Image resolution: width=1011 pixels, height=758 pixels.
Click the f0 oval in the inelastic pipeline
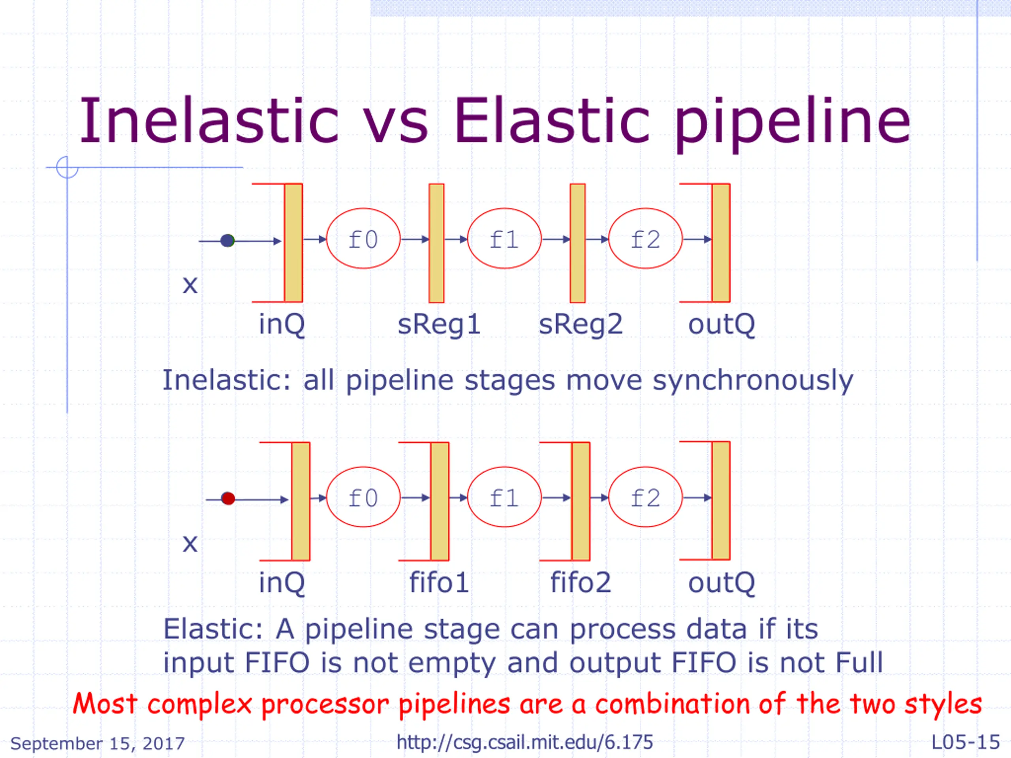363,238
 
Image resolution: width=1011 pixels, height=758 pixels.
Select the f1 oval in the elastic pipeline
504,497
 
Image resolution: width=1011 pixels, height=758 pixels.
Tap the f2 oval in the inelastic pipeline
645,238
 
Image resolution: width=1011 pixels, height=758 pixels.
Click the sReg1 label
439,325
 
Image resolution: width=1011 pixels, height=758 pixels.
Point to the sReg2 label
581,325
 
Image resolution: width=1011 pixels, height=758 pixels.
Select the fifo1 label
439,583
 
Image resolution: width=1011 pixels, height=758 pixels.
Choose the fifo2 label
581,583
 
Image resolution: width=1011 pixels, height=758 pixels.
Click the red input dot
228,499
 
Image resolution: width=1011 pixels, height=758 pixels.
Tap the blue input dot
227,240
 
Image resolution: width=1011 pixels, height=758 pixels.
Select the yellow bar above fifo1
440,501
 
